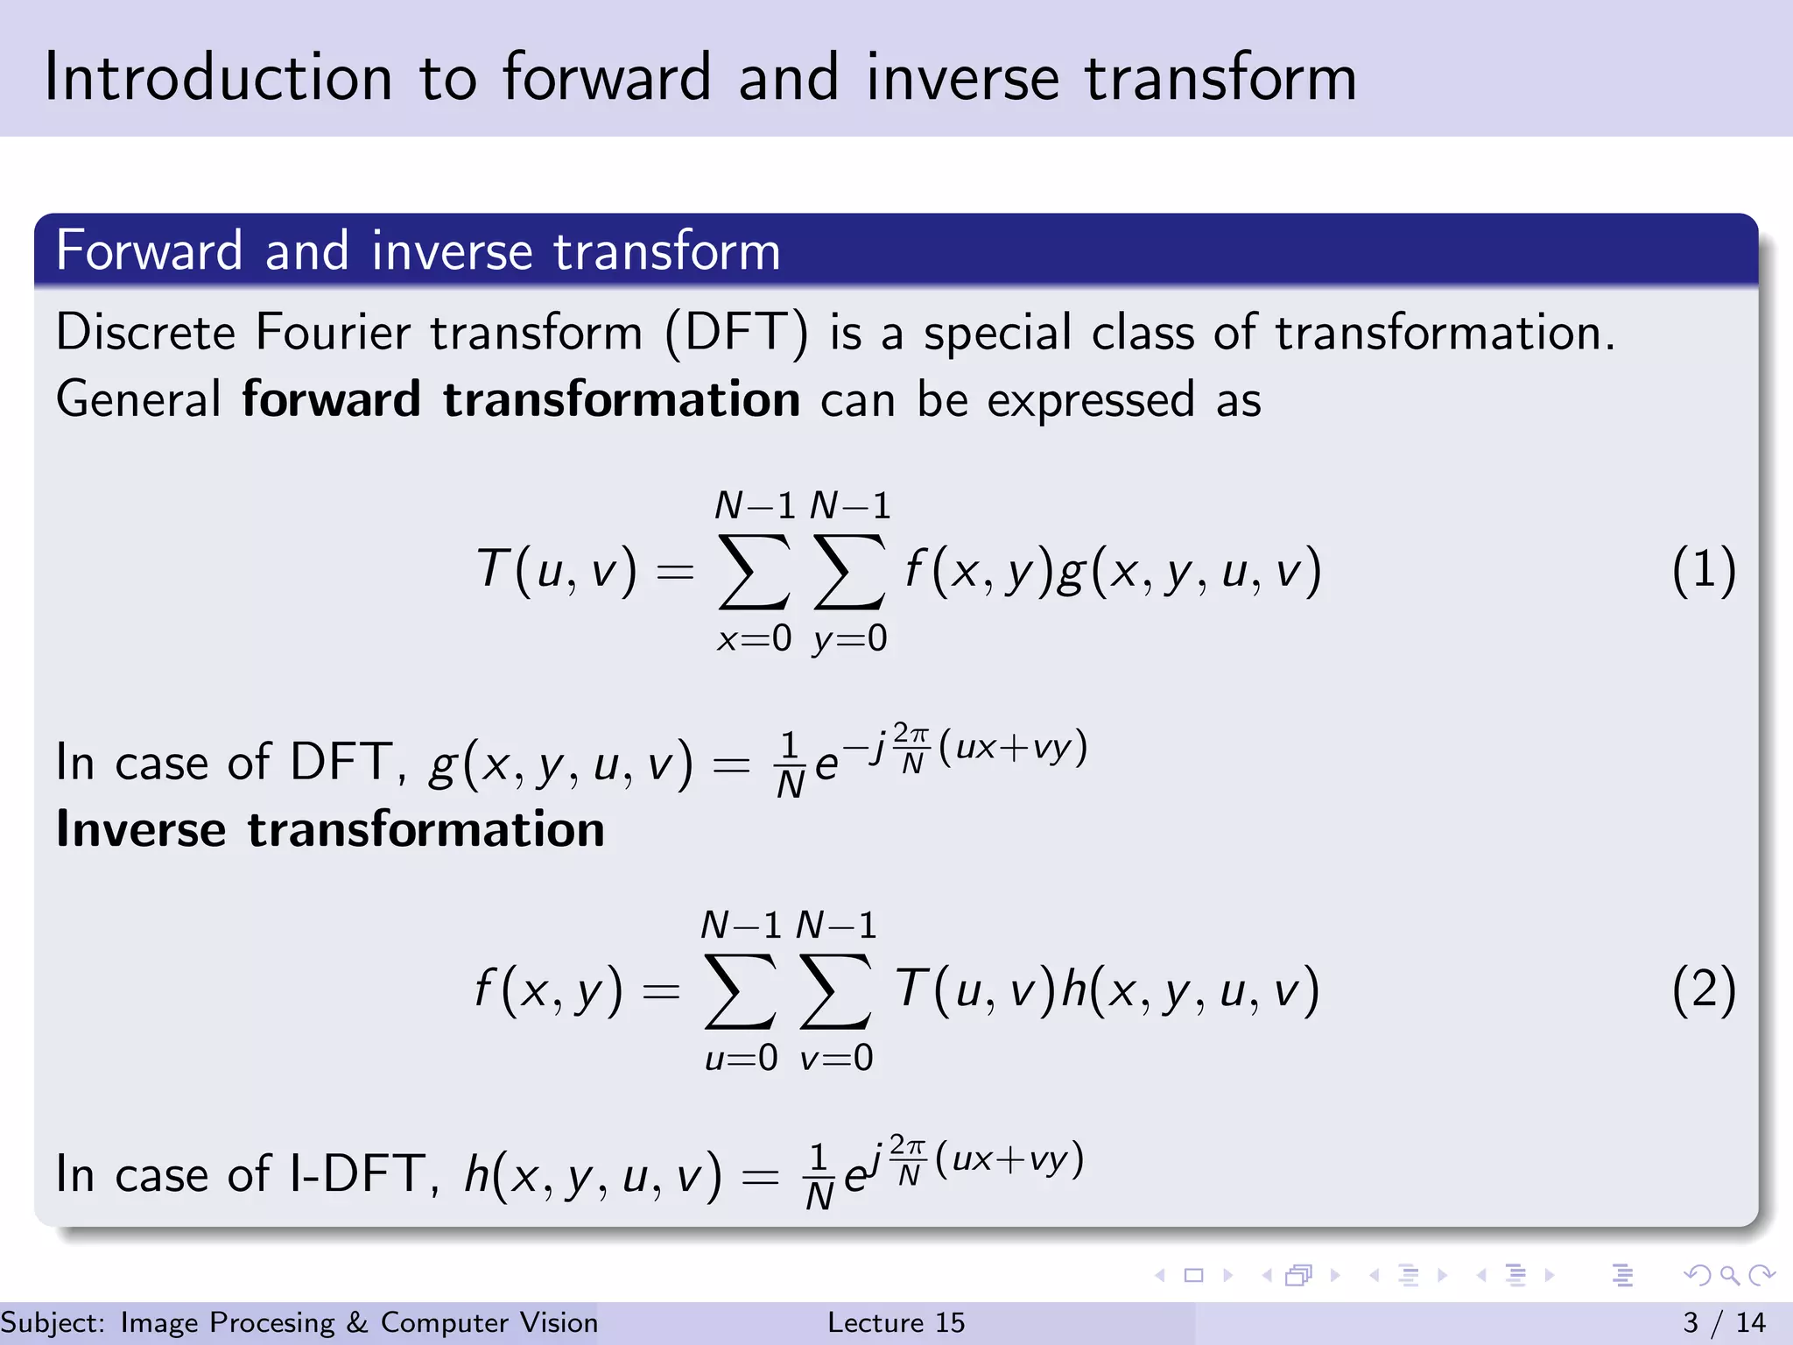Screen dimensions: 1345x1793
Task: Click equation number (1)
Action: point(1703,571)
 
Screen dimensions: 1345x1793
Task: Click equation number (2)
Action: point(1703,991)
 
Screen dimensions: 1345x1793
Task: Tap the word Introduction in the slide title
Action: point(218,78)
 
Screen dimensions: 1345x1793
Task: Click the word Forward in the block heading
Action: point(149,251)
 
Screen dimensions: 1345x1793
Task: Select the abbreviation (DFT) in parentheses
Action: point(736,334)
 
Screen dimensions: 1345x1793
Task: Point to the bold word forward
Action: point(331,400)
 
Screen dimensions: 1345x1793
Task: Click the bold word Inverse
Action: point(141,829)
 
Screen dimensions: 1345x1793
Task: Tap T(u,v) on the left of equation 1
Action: point(556,571)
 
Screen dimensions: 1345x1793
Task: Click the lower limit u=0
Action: point(741,1059)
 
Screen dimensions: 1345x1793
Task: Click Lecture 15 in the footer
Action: point(896,1322)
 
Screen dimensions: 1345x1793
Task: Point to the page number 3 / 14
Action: point(1724,1322)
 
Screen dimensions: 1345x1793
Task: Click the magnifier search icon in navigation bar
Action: point(1729,1276)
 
